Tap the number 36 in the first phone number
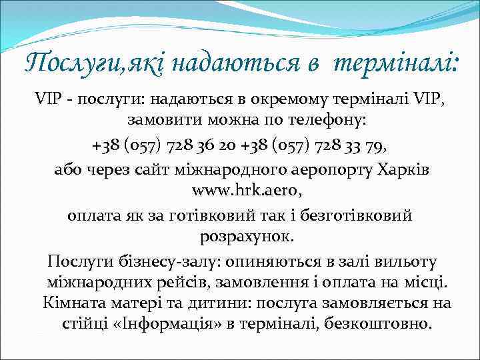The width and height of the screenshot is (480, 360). (202, 145)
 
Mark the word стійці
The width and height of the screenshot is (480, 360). (73, 324)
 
